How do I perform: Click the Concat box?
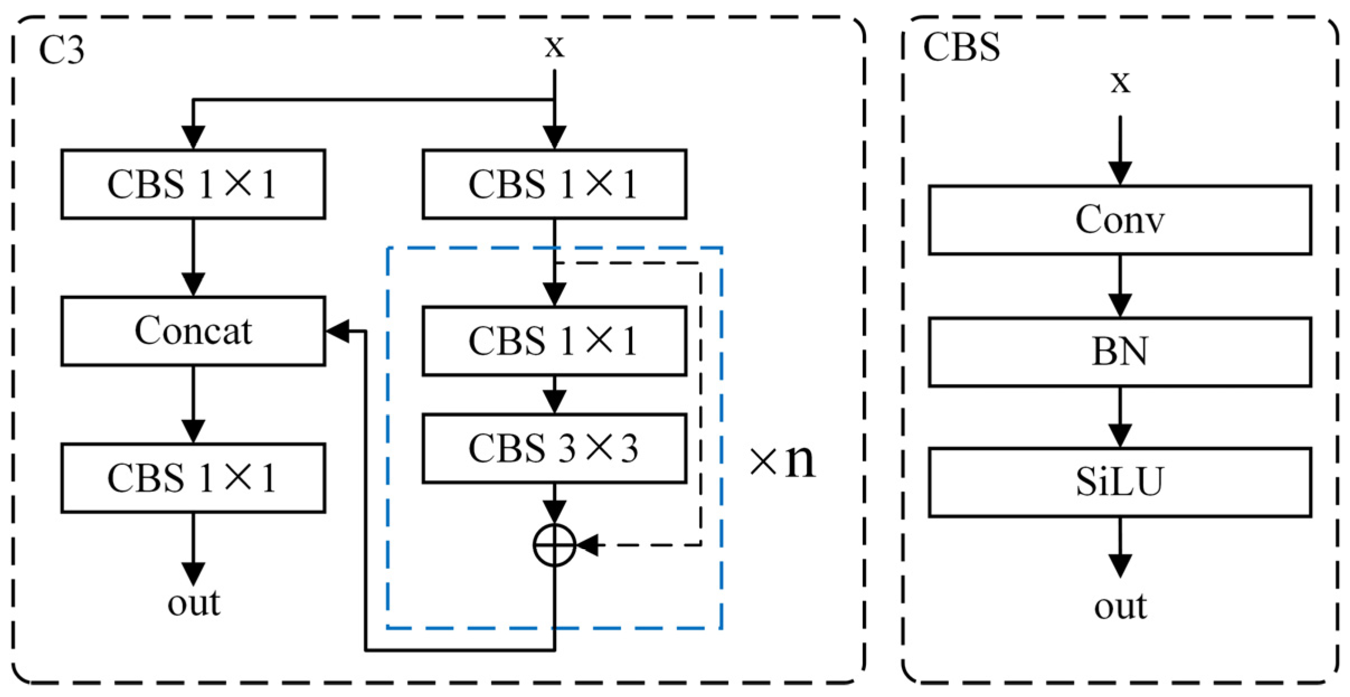[x=193, y=331]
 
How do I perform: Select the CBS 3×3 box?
[x=554, y=448]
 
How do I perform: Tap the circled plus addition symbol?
[x=554, y=544]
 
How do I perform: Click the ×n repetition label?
[x=782, y=461]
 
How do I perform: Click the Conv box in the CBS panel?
[x=1119, y=220]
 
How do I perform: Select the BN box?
[x=1119, y=352]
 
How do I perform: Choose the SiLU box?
[x=1119, y=482]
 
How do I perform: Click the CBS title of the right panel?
[x=961, y=47]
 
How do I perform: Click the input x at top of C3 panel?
[x=554, y=46]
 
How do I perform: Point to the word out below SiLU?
[x=1120, y=606]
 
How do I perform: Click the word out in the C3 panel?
[x=194, y=603]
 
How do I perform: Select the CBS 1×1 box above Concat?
[x=193, y=184]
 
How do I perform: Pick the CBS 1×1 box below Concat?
[x=193, y=478]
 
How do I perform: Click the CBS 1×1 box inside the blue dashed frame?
[x=554, y=341]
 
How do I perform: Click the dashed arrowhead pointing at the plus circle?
[x=587, y=544]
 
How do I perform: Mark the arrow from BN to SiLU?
[x=1120, y=417]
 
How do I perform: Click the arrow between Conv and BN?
[x=1120, y=286]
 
